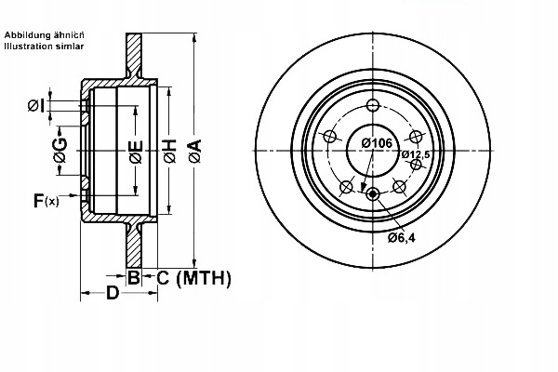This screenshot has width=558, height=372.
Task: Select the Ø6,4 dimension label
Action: (x=402, y=237)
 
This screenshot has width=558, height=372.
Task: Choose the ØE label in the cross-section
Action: (x=135, y=151)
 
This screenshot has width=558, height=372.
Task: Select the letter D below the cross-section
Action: (x=112, y=295)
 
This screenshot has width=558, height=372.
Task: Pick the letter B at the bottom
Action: (x=133, y=277)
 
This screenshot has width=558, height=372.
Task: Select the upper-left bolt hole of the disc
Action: (x=328, y=136)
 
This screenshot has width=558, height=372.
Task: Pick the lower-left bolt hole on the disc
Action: (x=346, y=186)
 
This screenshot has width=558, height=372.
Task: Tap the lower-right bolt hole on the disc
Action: (x=401, y=186)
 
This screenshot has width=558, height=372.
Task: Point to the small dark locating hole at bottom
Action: (x=373, y=194)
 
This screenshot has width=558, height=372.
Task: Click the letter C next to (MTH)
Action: (x=161, y=277)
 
